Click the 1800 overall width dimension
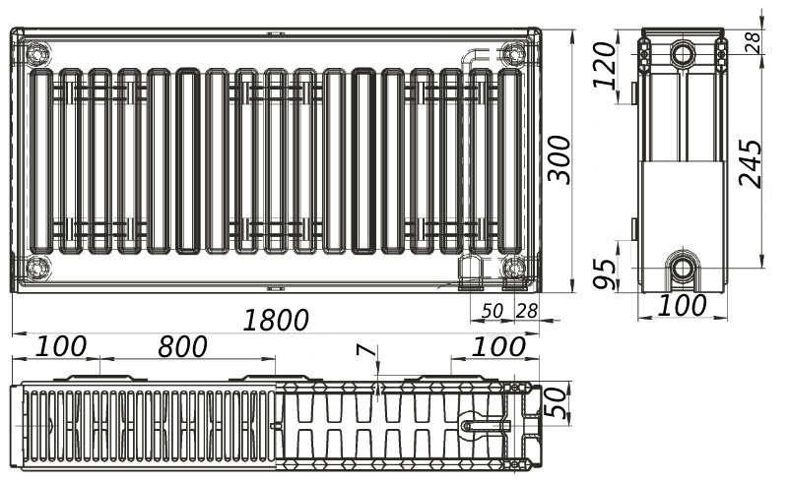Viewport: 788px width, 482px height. click(x=276, y=321)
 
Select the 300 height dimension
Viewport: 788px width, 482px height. click(x=559, y=159)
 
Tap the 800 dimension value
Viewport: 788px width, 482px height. click(x=182, y=346)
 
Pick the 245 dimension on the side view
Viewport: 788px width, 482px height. click(x=751, y=163)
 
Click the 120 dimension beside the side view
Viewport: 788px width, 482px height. click(x=604, y=65)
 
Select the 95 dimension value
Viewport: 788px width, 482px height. click(x=604, y=274)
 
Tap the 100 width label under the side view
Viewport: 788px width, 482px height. click(x=682, y=305)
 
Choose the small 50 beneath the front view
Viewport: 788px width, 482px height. click(x=492, y=311)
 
